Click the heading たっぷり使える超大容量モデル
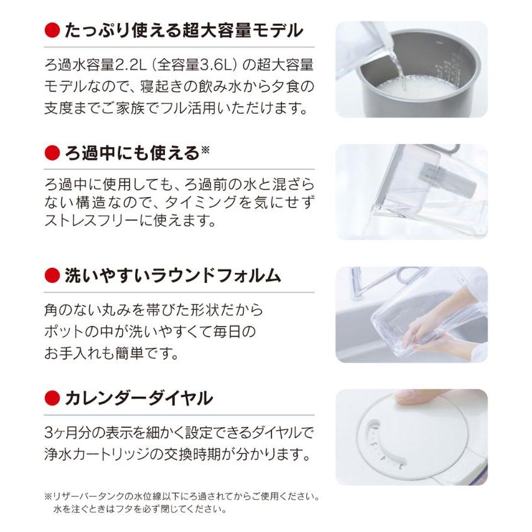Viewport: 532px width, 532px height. [x=184, y=30]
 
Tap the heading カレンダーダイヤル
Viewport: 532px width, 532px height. [x=138, y=398]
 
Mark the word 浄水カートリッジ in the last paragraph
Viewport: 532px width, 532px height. [x=103, y=454]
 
